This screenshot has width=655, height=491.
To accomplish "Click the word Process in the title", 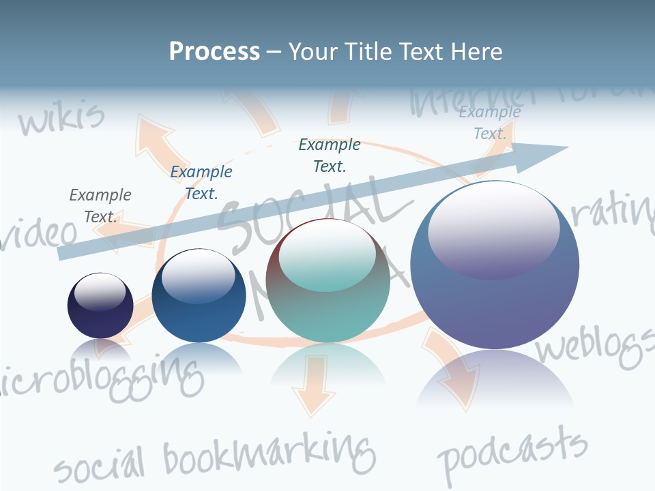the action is (214, 51).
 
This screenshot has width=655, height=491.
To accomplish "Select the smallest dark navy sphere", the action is (100, 306).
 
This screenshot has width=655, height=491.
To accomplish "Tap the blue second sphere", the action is (199, 295).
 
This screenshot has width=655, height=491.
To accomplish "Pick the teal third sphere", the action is (327, 280).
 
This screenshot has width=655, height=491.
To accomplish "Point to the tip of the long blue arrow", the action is (566, 147).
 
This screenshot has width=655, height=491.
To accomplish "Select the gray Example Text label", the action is (100, 205).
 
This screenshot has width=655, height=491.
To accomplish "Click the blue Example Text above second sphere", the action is (201, 182).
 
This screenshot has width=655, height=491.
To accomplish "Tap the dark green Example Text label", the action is (330, 155).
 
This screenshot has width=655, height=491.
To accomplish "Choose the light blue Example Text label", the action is (490, 123).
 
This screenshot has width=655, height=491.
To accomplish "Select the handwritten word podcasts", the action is (512, 452).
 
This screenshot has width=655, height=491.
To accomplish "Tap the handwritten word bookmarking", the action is (270, 453).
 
